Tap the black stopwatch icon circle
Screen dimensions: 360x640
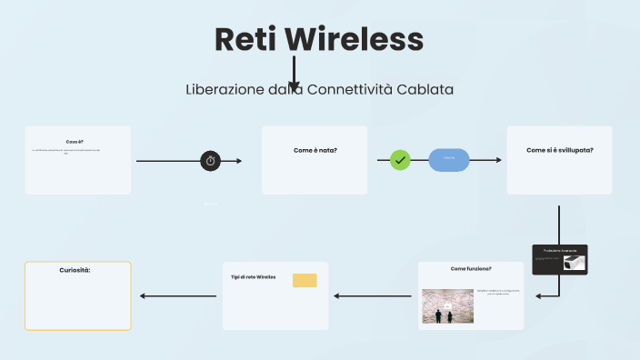point(211,161)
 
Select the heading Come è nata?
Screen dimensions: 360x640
point(315,149)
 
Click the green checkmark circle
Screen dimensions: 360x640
point(401,160)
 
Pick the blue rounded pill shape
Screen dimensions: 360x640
point(449,160)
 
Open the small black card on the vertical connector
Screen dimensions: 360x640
point(560,260)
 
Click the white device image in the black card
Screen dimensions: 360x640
point(575,263)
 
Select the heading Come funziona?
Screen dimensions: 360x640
point(471,269)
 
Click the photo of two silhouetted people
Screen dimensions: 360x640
point(444,306)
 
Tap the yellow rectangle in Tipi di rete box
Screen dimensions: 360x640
point(305,280)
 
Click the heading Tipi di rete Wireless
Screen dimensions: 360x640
point(253,276)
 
